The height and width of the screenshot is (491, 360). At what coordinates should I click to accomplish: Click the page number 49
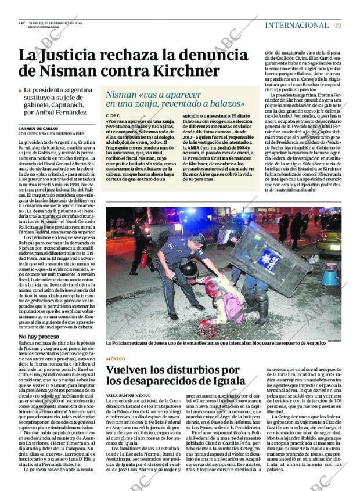tap(337, 25)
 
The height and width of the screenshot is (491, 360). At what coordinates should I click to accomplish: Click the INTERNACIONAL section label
tap(296, 25)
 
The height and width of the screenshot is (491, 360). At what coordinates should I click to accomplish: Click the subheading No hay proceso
tap(38, 337)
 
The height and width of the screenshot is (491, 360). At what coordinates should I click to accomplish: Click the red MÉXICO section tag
tap(115, 359)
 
